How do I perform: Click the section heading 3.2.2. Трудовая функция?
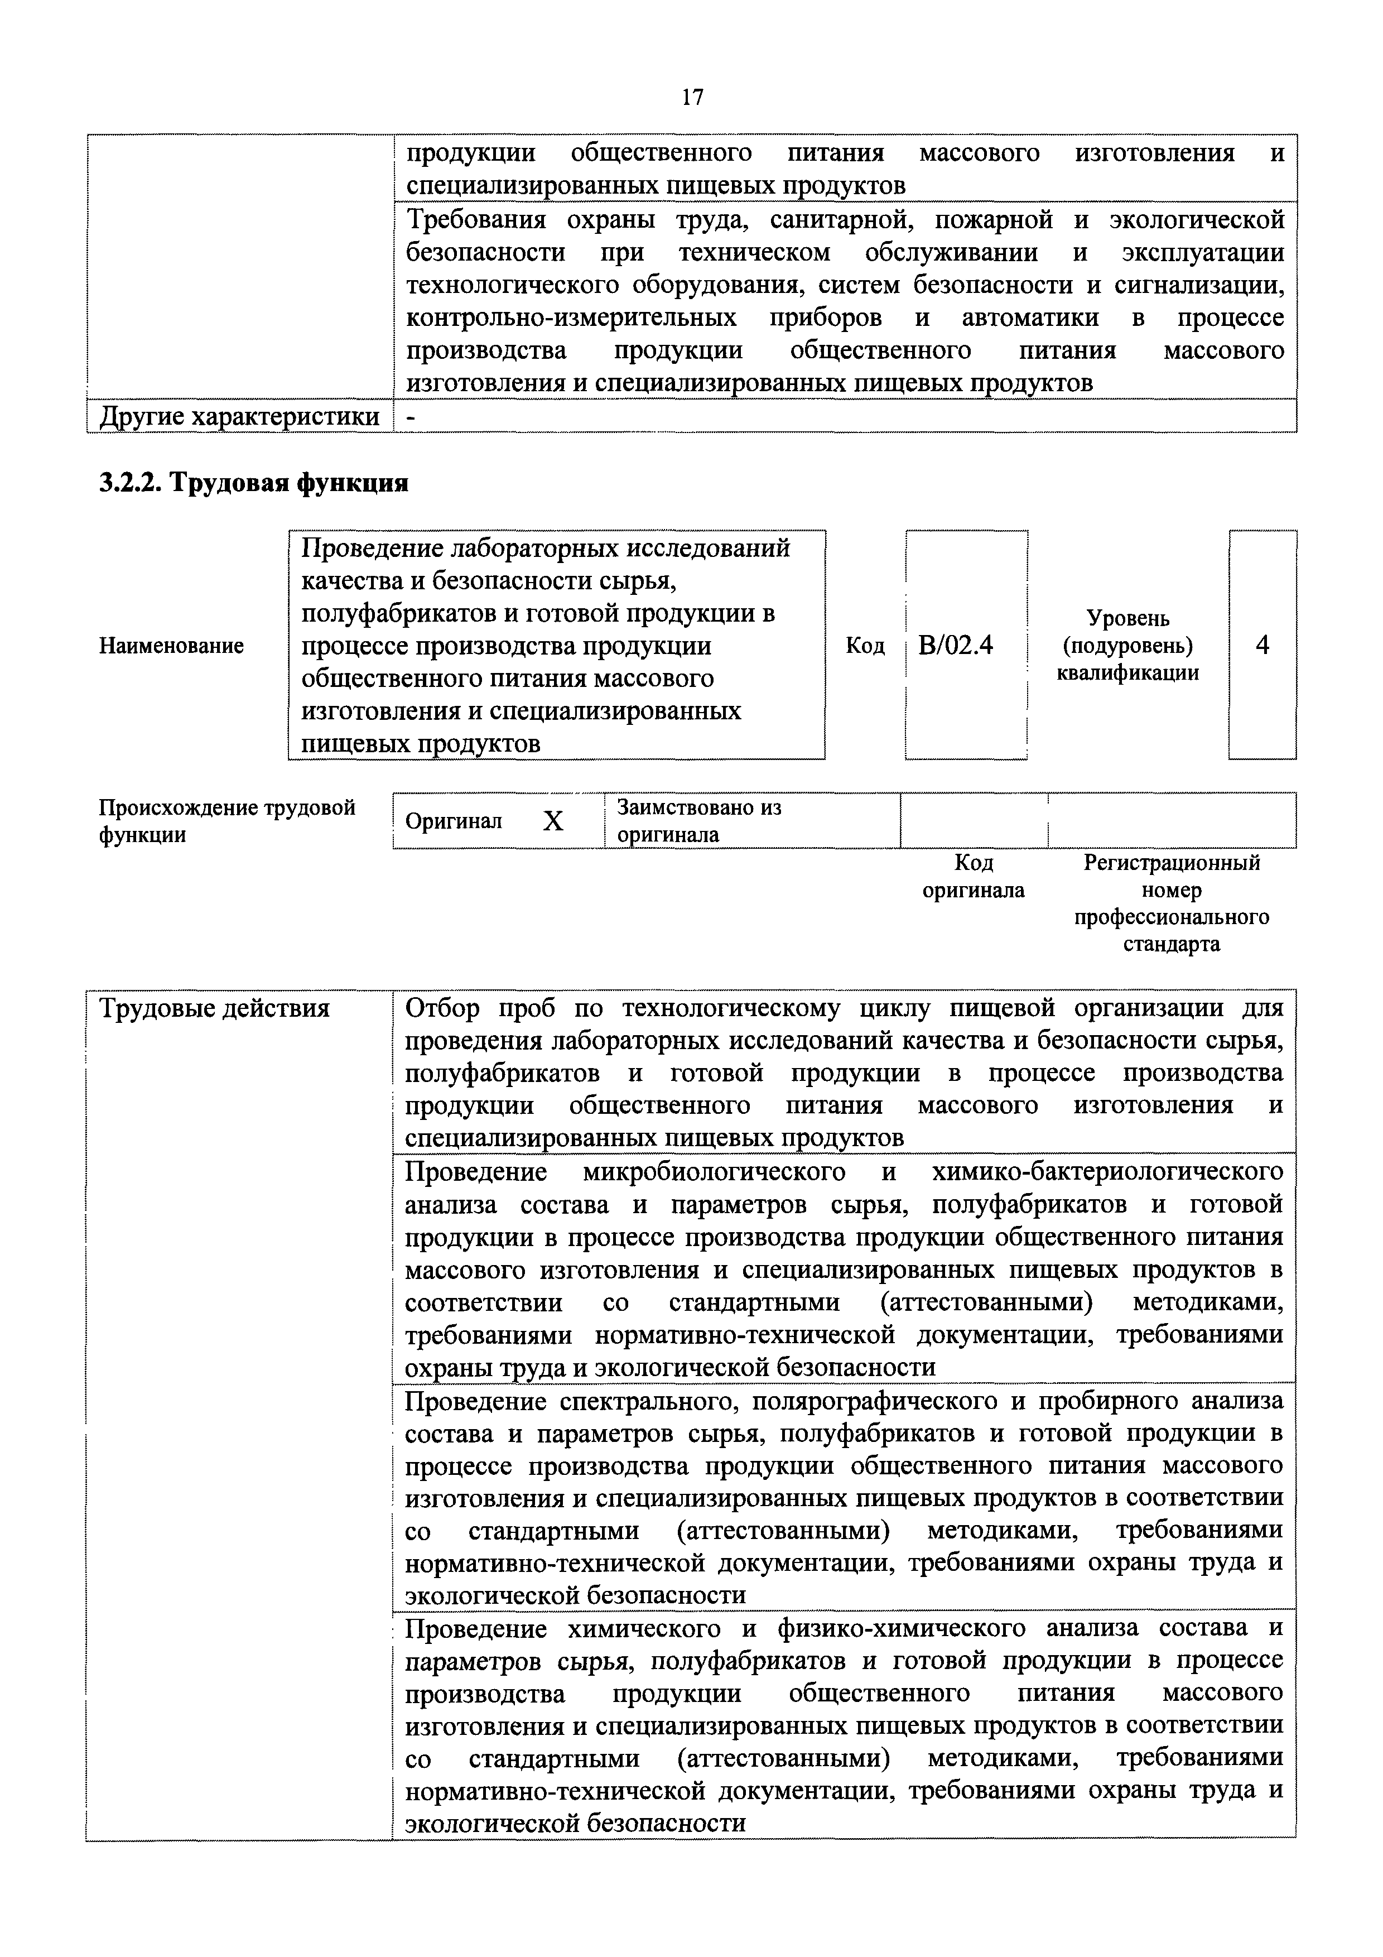click(x=254, y=483)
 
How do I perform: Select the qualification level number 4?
click(x=1262, y=645)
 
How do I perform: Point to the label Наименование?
click(x=171, y=645)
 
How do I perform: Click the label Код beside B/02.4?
click(x=865, y=645)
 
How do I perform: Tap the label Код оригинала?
click(x=973, y=876)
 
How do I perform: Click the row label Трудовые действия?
click(x=215, y=1008)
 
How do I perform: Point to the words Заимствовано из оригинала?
click(x=698, y=820)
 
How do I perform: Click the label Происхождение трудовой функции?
click(x=227, y=820)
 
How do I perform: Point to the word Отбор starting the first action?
click(x=442, y=1008)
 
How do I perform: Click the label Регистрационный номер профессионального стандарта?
click(x=1171, y=903)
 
